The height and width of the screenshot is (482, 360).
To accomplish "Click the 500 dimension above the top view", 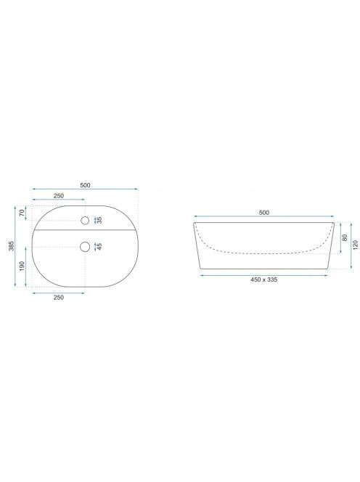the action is click(85, 185).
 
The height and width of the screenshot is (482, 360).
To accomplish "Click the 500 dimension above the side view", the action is click(264, 213).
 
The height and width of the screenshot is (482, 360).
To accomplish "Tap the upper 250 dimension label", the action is click(59, 196).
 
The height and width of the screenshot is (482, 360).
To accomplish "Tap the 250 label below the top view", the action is click(59, 297).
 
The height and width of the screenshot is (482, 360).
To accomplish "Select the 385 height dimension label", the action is click(12, 246).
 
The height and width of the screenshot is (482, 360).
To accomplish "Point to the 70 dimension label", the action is click(22, 213).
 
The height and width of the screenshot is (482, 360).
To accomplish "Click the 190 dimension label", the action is click(22, 266).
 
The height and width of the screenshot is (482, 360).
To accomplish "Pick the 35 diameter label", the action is click(99, 220).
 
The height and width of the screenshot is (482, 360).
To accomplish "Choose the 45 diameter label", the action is click(99, 247).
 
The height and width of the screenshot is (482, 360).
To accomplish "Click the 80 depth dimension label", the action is click(345, 237).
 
